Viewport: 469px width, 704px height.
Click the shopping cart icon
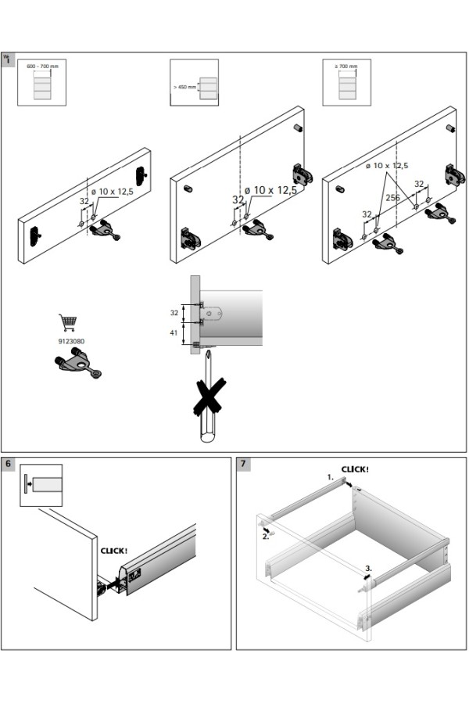(x=67, y=322)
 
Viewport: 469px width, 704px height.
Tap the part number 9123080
(x=71, y=341)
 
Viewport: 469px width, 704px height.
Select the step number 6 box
(x=9, y=464)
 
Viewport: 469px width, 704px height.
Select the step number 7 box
(x=244, y=464)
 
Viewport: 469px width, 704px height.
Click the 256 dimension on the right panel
(x=392, y=198)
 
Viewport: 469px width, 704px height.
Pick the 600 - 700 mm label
(x=41, y=66)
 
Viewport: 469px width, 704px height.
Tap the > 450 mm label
(x=184, y=87)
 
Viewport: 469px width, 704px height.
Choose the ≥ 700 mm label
(x=346, y=66)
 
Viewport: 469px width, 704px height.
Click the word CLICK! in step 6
(x=114, y=550)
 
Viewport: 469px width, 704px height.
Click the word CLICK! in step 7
(x=355, y=469)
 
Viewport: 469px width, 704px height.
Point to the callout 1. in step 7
(x=331, y=476)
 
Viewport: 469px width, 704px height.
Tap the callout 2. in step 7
(x=266, y=537)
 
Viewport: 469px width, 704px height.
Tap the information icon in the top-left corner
(x=9, y=59)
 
